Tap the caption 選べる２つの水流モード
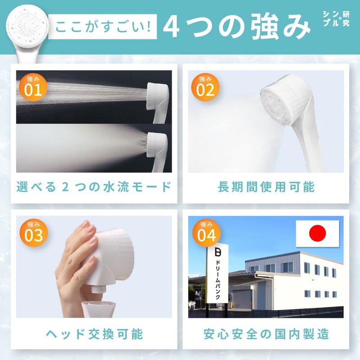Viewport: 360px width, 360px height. (94, 187)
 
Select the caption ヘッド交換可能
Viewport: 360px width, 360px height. (94, 334)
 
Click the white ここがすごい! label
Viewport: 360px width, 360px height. (103, 27)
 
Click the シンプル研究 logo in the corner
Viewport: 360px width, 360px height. (336, 18)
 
